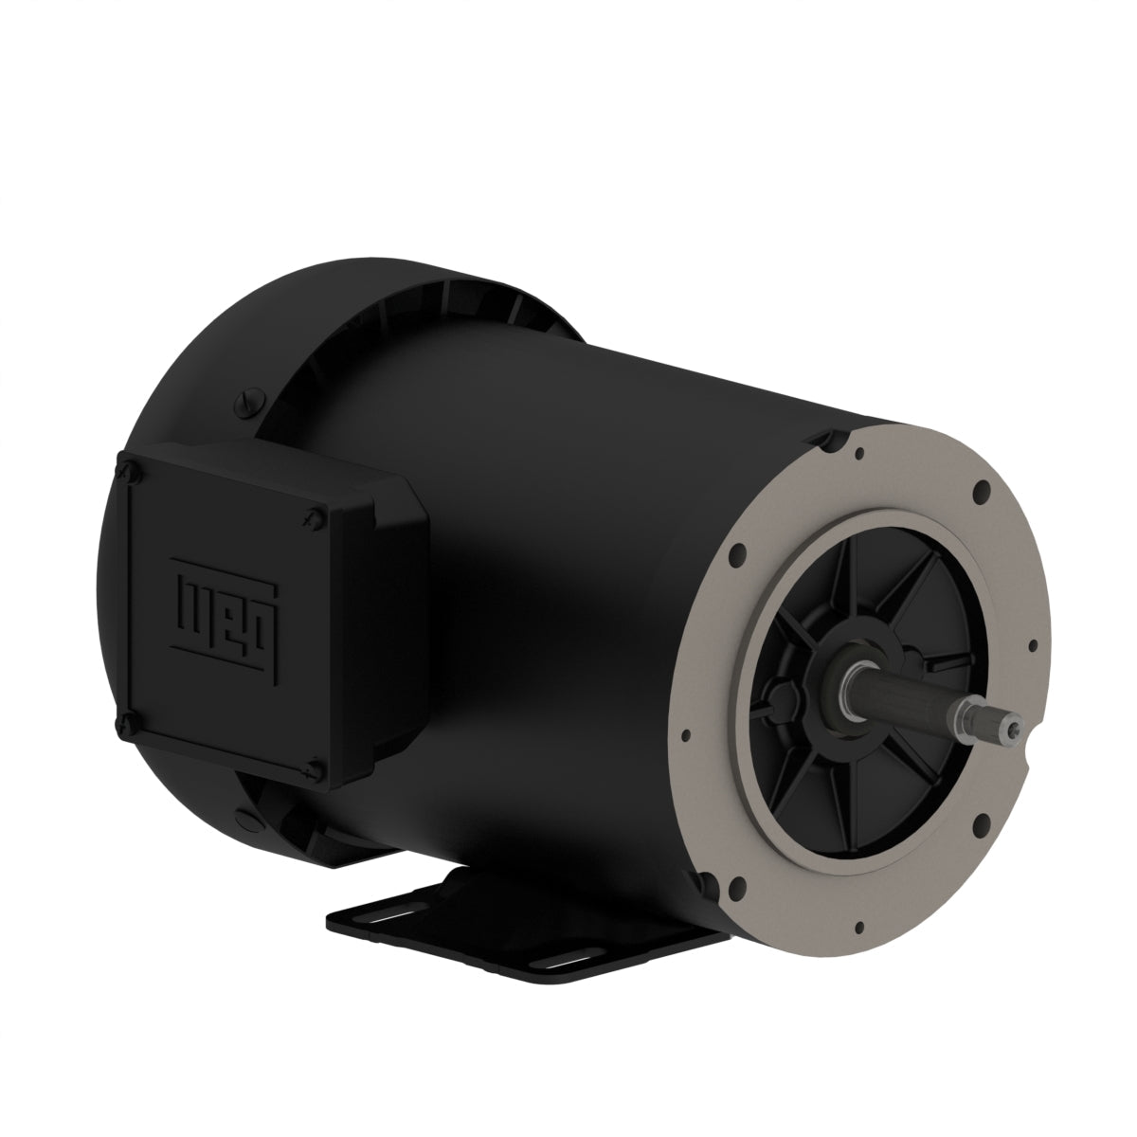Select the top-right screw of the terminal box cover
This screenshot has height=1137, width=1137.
pyautogui.click(x=314, y=514)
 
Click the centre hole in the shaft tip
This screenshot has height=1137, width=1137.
pyautogui.click(x=1015, y=728)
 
